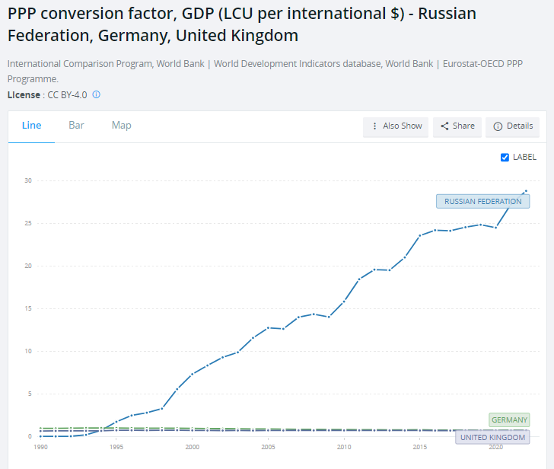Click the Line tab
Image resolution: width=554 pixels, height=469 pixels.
[x=31, y=126]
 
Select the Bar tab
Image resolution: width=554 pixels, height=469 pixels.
[x=76, y=126]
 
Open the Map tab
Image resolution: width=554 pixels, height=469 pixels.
[x=121, y=126]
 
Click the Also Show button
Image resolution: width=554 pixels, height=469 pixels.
[x=396, y=126]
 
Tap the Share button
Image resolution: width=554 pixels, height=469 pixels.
[x=456, y=126]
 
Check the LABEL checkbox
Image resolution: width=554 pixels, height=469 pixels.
[x=505, y=158]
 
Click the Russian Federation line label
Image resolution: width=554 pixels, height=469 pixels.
[x=482, y=202]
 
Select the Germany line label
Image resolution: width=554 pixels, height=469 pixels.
[x=509, y=420]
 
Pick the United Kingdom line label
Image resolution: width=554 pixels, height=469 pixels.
[x=492, y=438]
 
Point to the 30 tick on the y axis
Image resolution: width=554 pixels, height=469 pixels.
[x=27, y=180]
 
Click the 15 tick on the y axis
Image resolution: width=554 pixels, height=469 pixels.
[x=27, y=308]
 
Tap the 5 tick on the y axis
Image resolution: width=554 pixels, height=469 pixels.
[x=28, y=394]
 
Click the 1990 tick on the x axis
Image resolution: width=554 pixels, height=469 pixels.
[x=40, y=448]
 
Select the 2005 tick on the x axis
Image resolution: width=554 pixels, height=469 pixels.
[x=268, y=448]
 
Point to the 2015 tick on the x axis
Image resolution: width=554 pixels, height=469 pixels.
[x=419, y=448]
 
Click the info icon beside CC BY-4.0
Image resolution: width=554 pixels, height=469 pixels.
[x=97, y=95]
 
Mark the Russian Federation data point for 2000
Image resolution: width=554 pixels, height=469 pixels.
[x=192, y=374]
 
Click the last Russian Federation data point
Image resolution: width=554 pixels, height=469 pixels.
[x=526, y=191]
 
